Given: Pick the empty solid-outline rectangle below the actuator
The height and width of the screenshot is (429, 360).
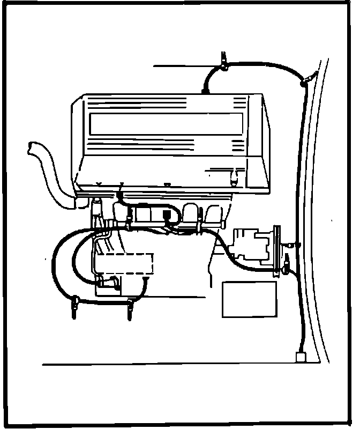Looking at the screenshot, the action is point(249,299).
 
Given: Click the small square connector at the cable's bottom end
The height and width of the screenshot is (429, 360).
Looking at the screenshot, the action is point(300,356).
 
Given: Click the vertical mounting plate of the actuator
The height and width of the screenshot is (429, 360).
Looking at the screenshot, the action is point(276,249).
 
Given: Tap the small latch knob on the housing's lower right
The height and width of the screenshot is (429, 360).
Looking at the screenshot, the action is point(234,175).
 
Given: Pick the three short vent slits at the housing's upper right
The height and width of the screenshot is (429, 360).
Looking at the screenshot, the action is point(238,144).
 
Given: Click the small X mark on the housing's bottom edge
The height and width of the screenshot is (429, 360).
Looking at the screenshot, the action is point(99,184).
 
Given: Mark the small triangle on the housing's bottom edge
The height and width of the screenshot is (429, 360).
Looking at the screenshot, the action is point(167,186).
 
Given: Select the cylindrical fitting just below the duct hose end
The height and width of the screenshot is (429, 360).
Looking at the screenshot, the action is point(97,206).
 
